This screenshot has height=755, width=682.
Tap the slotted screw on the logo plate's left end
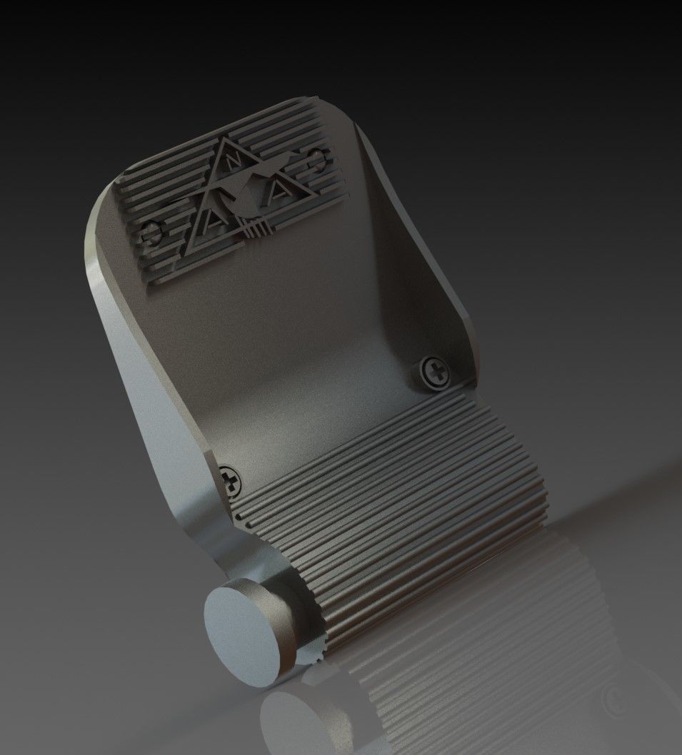152,230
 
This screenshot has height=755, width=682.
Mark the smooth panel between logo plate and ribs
300,343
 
